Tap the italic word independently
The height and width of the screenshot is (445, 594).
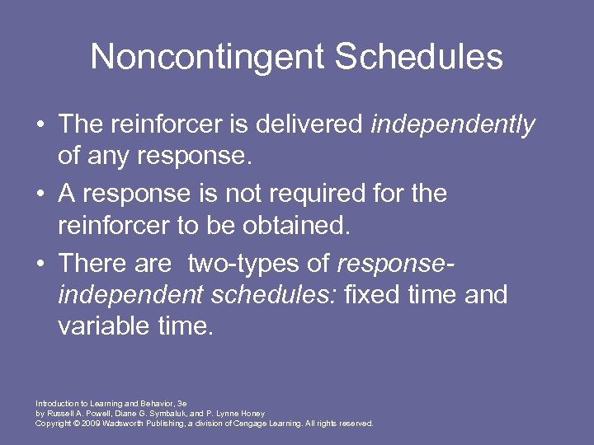[x=453, y=124]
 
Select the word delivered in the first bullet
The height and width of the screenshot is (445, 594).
[x=310, y=124]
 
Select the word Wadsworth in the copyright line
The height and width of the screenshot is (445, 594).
[x=121, y=424]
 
